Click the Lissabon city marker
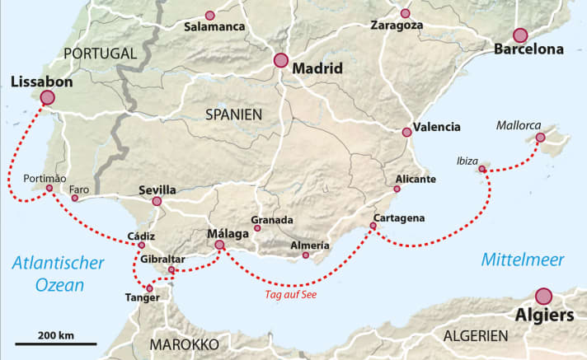click(47, 97)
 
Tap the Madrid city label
click(314, 69)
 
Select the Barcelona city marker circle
click(519, 35)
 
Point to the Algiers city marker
click(543, 296)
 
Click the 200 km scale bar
click(55, 343)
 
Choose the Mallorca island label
click(519, 126)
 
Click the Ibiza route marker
click(482, 169)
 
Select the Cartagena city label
click(399, 217)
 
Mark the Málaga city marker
click(219, 245)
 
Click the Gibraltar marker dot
click(171, 269)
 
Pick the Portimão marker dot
click(49, 188)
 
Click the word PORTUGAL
click(100, 54)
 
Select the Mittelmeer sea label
click(523, 260)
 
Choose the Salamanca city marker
click(209, 15)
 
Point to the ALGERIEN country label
click(477, 335)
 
